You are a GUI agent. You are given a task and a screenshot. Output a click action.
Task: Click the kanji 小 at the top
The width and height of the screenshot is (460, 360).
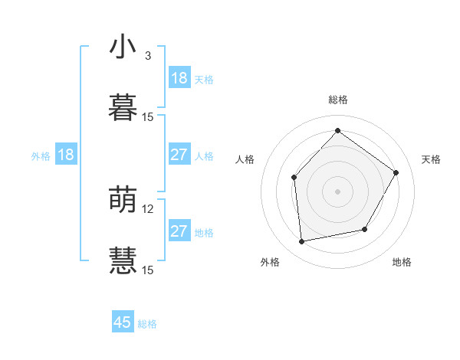point(123,47)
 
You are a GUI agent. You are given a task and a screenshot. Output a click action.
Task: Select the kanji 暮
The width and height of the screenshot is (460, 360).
point(123,108)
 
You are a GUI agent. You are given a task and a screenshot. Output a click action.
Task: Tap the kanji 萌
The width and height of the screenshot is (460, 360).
point(123,200)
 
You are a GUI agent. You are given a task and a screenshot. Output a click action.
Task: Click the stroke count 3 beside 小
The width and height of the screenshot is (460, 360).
point(148,55)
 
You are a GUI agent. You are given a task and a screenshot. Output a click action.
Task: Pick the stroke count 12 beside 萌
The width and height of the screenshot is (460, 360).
point(148,208)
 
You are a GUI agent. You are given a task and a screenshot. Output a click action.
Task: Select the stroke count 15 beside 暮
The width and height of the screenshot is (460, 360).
point(148,116)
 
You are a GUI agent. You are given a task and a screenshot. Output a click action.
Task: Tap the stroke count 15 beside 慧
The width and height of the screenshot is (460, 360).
point(148,270)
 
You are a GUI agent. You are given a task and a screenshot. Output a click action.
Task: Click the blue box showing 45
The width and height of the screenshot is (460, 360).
point(123,322)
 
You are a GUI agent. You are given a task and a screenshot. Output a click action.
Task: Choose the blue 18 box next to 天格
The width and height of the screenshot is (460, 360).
point(179,78)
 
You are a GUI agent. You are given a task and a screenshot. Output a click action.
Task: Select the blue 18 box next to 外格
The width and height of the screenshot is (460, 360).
point(66,155)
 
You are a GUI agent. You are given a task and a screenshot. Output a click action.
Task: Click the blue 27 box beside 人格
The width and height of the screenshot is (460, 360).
point(179,155)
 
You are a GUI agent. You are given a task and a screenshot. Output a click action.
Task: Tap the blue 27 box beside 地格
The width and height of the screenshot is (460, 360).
point(179,231)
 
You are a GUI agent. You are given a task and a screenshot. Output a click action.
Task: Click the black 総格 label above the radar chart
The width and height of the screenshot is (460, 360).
point(337,100)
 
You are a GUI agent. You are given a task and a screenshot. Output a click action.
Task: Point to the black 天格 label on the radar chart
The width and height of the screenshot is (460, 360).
point(431,159)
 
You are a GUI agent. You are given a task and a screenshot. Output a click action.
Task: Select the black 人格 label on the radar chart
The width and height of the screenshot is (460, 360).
point(245,159)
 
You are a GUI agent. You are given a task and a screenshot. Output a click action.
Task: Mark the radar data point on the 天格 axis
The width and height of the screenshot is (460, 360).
point(396,172)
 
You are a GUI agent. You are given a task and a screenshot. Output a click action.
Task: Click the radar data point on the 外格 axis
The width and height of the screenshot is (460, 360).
point(302,242)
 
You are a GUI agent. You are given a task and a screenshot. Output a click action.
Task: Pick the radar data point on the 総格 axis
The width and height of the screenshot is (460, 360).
point(337,130)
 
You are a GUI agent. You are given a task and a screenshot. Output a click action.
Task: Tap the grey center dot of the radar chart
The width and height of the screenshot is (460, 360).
point(337,191)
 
